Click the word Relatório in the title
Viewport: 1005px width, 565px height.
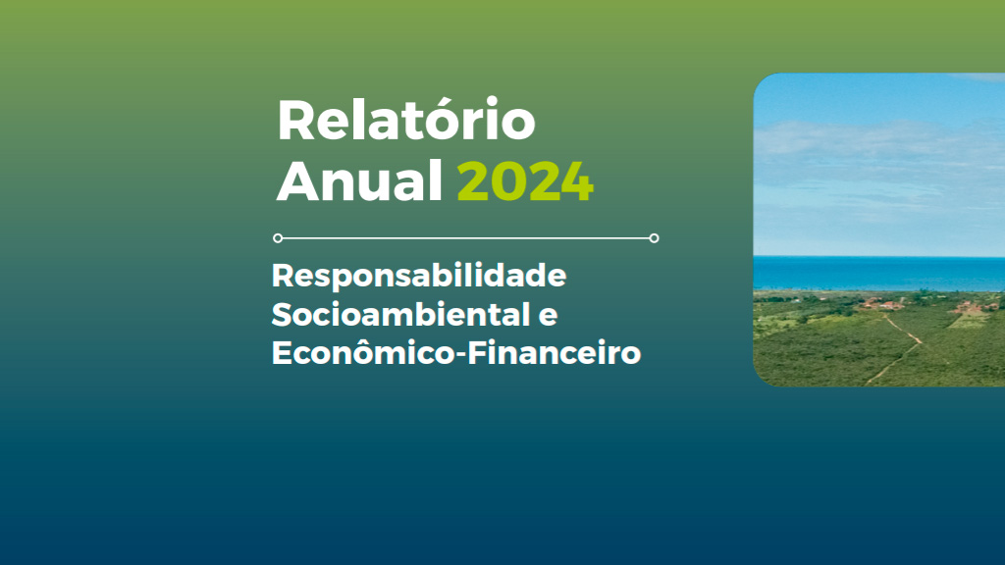pos(405,120)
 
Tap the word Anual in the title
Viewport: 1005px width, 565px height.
pos(359,181)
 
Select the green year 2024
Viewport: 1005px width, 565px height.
pos(526,181)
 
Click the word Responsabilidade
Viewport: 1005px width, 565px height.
pos(419,276)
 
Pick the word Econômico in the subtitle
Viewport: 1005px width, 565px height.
pos(363,352)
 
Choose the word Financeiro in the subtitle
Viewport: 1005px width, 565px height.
pos(554,353)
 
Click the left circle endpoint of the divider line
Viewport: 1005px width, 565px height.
pos(278,238)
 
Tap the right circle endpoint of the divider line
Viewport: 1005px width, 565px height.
pos(654,238)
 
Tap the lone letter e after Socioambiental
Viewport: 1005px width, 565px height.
pos(548,317)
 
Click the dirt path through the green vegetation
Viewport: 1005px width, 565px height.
pos(900,347)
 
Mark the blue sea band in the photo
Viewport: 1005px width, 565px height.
pos(878,274)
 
